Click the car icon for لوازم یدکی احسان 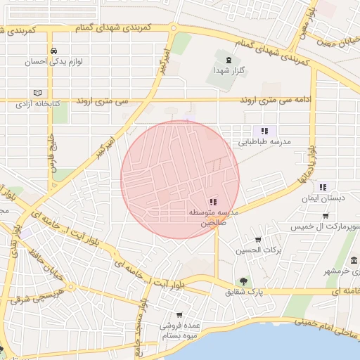click(x=54, y=51)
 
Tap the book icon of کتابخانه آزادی click(x=37, y=93)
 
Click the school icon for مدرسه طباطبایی click(x=264, y=131)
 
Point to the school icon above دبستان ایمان click(x=323, y=187)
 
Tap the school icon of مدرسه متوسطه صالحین click(x=213, y=202)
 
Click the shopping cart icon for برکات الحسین click(x=258, y=239)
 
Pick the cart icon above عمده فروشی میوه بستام click(x=179, y=315)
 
